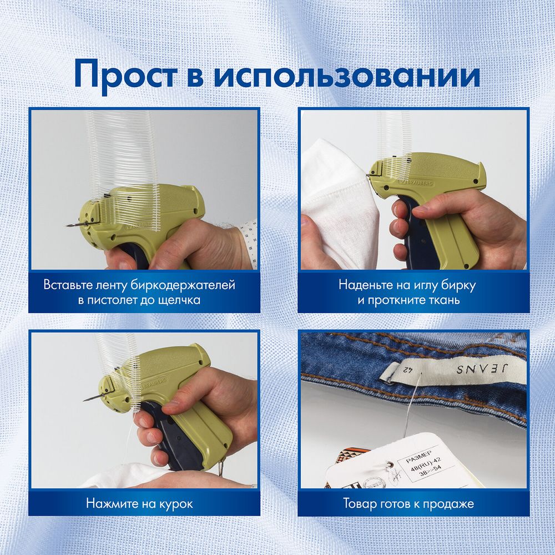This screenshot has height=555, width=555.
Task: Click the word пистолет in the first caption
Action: pyautogui.click(x=116, y=300)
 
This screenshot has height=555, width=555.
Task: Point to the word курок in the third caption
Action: pyautogui.click(x=175, y=504)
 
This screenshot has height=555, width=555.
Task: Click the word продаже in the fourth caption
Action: pyautogui.click(x=451, y=504)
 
